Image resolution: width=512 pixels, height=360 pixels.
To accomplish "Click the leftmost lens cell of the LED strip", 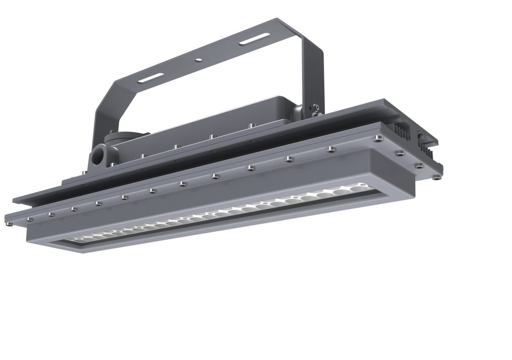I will click(79, 238).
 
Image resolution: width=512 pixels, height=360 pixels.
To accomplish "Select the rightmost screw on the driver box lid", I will click(250, 126).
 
